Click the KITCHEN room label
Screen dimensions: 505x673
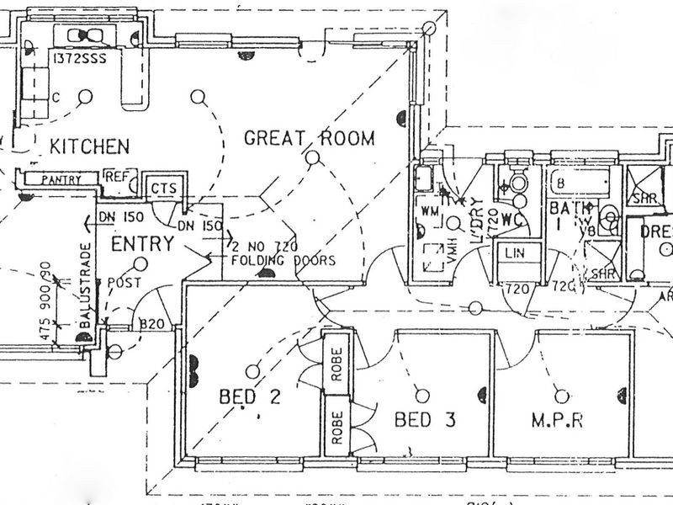(90, 146)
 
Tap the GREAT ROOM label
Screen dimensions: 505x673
(309, 138)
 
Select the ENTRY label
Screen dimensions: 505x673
(142, 244)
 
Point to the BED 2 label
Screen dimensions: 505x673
(250, 396)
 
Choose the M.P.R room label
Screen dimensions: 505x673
(558, 418)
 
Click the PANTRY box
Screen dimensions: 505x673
(61, 179)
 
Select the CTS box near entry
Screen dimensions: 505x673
(163, 188)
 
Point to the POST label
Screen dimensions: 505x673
(125, 282)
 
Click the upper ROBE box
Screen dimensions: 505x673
(336, 364)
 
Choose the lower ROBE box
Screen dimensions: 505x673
(336, 427)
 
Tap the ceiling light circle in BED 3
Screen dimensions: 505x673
(419, 391)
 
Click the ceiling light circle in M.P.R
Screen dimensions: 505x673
(559, 391)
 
